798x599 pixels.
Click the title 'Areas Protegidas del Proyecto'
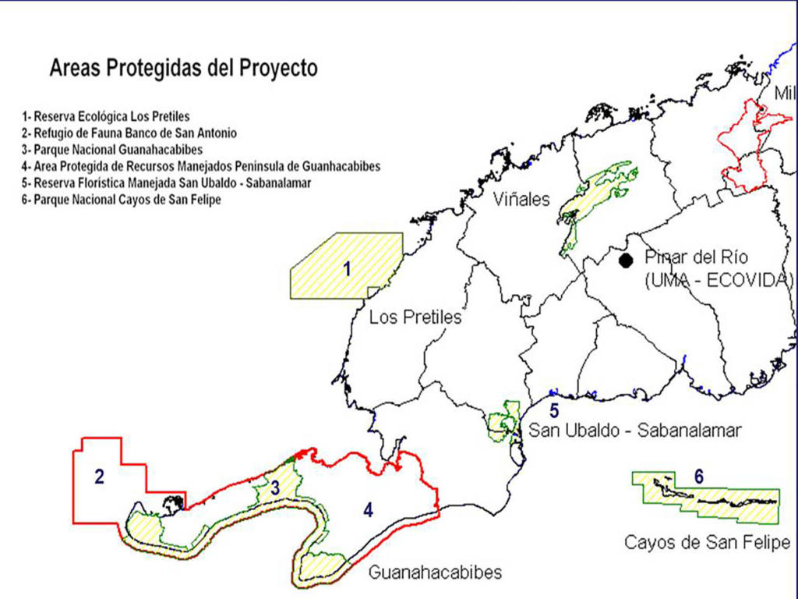point(183,69)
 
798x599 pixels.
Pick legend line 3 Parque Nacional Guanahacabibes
point(113,150)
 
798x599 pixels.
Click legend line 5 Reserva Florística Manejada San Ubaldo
point(167,183)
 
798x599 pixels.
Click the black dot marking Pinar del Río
point(625,261)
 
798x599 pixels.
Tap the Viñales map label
point(521,200)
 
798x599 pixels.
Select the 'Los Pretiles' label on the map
point(415,317)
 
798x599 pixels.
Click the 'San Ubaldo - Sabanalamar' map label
point(634,430)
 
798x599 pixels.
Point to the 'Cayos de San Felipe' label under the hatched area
point(707,542)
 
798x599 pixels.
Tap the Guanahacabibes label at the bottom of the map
point(435,573)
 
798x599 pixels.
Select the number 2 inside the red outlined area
point(99,477)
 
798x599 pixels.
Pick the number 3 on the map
point(275,488)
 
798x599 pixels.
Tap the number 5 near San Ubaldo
point(553,409)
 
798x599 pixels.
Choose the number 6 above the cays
point(698,477)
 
